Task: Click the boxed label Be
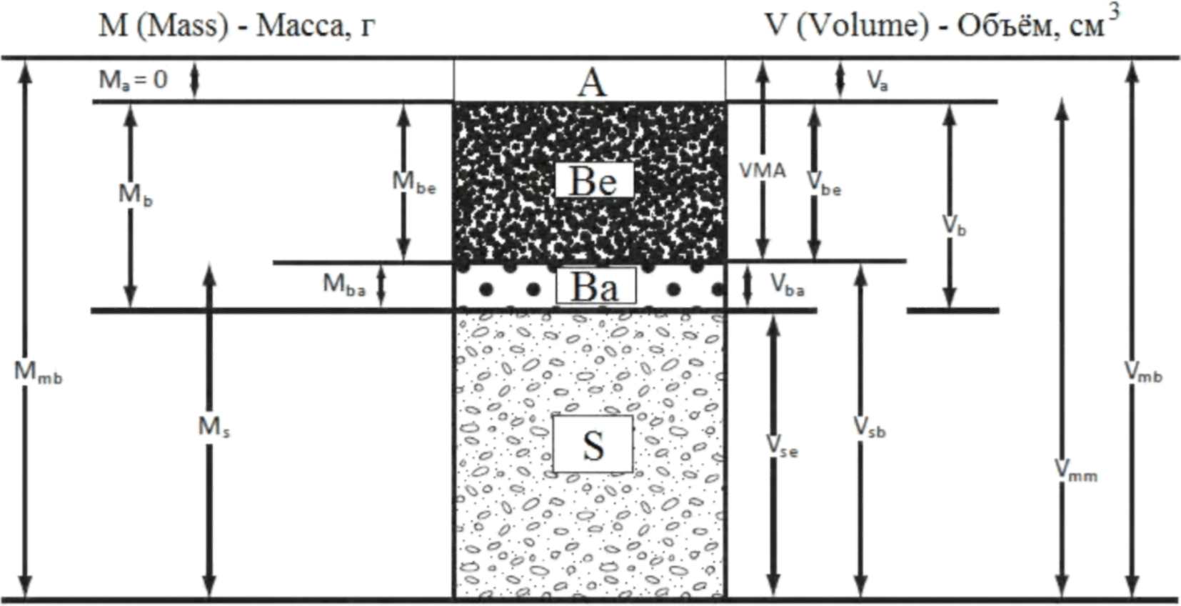(x=594, y=180)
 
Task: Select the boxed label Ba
(x=595, y=287)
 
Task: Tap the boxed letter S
(x=593, y=444)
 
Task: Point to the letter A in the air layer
(x=592, y=82)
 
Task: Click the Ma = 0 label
(x=133, y=79)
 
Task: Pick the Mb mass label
(x=135, y=195)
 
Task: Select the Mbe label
(x=414, y=183)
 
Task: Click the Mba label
(x=344, y=285)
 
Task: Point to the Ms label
(x=213, y=427)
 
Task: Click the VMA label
(x=763, y=171)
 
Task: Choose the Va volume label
(x=878, y=81)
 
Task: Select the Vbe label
(x=824, y=184)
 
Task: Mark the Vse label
(x=782, y=447)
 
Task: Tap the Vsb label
(x=870, y=428)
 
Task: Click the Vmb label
(x=1143, y=372)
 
